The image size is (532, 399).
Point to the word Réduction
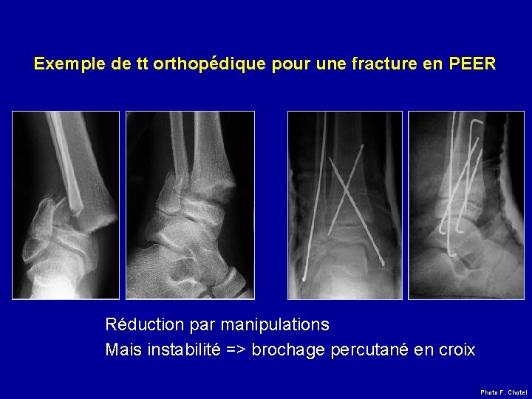pos(143,324)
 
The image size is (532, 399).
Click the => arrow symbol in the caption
pos(236,349)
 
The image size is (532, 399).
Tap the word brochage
pos(287,349)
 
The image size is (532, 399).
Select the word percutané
pos(368,349)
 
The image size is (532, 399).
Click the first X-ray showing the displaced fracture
pos(65,205)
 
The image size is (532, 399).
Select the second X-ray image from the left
pos(190,205)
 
